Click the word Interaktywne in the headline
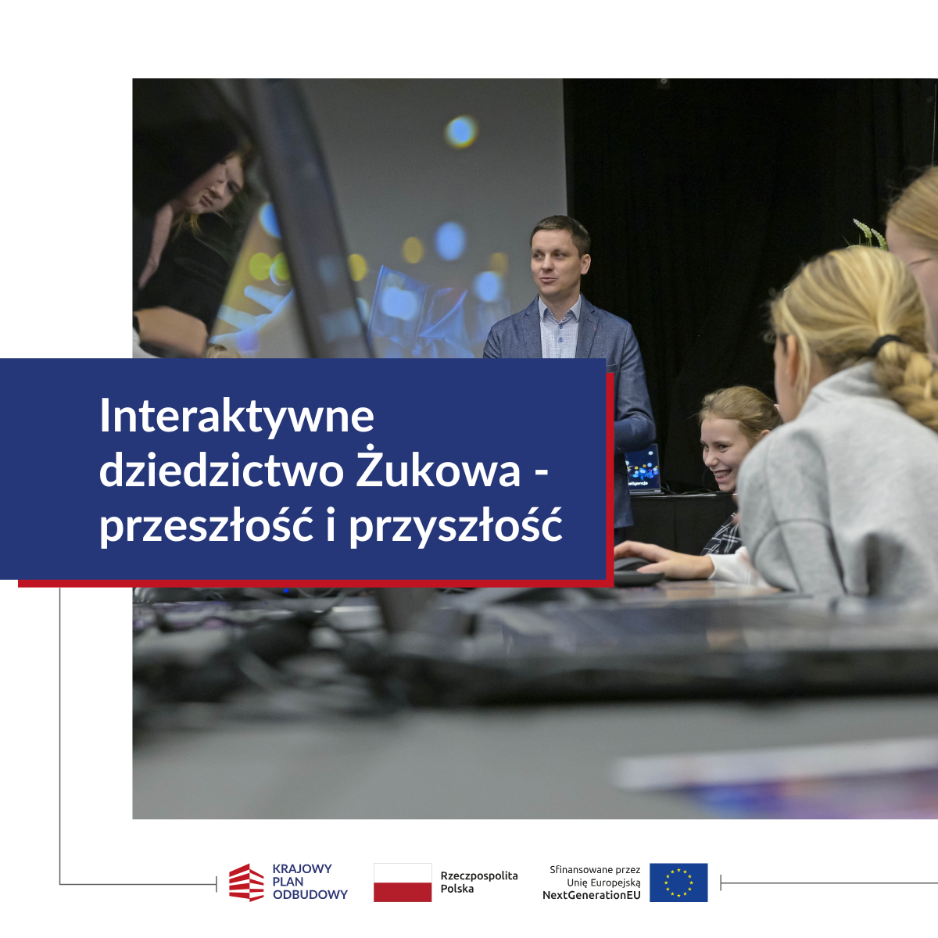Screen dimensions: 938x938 tap(237, 417)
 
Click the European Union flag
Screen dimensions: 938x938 tap(678, 883)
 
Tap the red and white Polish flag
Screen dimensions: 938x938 tap(403, 883)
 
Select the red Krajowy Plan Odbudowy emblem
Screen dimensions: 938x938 tap(246, 883)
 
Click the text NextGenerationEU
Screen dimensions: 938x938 tap(592, 895)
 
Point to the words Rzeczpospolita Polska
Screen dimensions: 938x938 tap(479, 882)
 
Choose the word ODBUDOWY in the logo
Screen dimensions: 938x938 tap(310, 895)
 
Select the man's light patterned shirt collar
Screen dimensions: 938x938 tap(560, 309)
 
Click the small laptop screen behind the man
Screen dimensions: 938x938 tap(642, 469)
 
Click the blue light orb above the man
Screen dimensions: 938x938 tap(460, 131)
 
